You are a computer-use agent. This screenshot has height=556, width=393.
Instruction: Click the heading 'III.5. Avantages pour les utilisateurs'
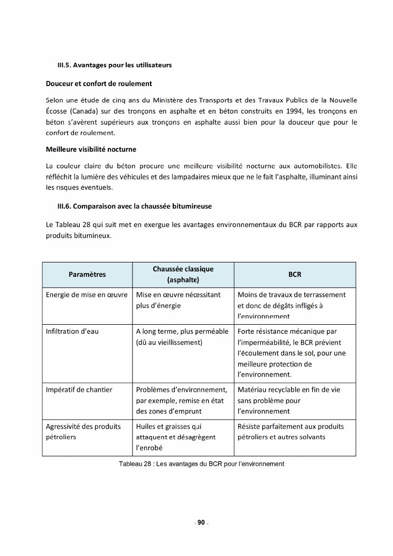coord(114,65)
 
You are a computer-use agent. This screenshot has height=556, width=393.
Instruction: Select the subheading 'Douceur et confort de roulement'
coord(99,83)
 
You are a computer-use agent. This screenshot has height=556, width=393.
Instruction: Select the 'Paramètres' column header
coord(87,275)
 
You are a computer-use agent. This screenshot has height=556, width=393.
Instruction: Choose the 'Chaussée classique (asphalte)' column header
coord(183,275)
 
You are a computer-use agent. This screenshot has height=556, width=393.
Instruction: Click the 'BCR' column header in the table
coord(295,275)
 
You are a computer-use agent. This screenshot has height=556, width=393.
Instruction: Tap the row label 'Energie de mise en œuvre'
coord(87,295)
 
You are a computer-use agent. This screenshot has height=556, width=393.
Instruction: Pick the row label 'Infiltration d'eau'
coord(72,332)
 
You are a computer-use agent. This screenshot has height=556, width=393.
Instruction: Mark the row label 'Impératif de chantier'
coord(79,390)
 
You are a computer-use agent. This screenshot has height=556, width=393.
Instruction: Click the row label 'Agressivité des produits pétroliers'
coord(83,432)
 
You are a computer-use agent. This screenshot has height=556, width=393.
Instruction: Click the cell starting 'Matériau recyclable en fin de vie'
coord(289,390)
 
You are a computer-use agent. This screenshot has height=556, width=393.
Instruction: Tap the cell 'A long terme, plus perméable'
coord(182,332)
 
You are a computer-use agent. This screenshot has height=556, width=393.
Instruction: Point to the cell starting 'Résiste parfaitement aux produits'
coord(291,427)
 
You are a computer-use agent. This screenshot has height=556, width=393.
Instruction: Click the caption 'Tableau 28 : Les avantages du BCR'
coord(202,464)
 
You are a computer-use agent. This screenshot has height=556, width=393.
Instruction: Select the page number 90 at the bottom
coord(201,523)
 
